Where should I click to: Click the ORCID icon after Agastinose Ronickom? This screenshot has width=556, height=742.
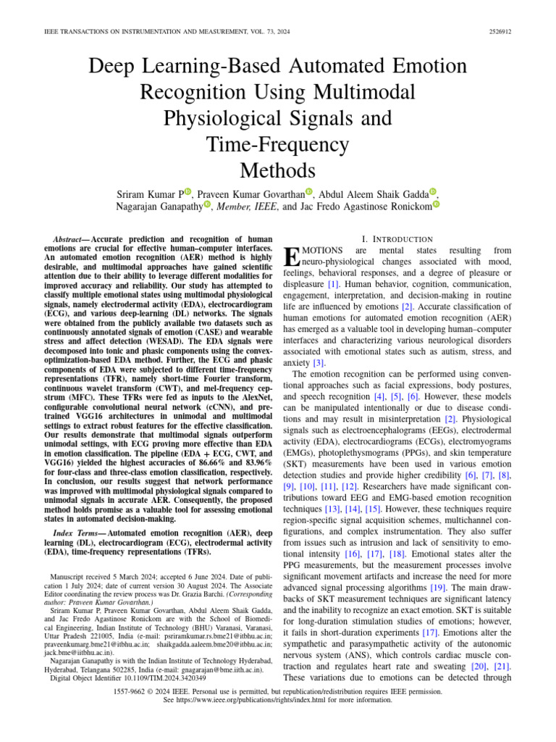tap(435, 205)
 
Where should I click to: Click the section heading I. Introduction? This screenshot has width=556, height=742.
tap(396, 239)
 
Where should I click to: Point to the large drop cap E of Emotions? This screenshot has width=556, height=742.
tap(291, 256)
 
